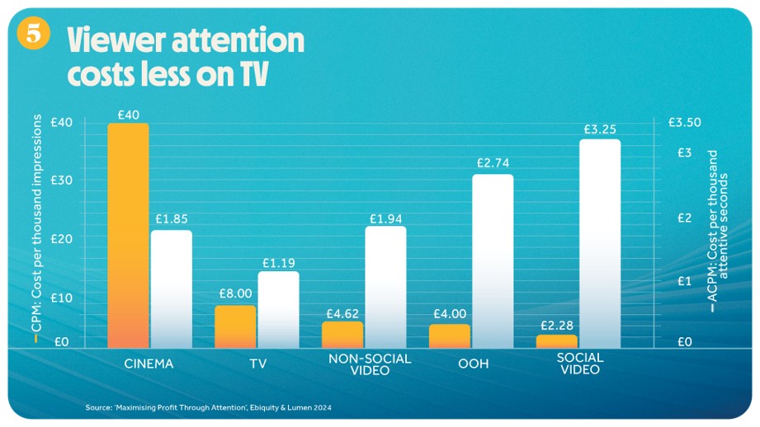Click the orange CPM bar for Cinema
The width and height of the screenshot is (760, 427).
tap(128, 235)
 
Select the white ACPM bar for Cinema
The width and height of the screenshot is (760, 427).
tap(171, 289)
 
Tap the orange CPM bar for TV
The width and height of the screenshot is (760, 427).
tap(235, 326)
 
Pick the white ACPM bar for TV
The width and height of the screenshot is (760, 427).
tap(278, 309)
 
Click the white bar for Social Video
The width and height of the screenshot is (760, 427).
tap(600, 243)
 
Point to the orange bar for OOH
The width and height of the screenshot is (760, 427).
tap(450, 335)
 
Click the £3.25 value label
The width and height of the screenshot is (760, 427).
tap(600, 129)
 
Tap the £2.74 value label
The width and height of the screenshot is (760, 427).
tap(493, 163)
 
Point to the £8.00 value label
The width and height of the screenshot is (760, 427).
tap(235, 293)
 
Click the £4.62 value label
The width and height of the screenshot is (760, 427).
tap(342, 313)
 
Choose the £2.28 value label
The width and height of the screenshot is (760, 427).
tap(557, 323)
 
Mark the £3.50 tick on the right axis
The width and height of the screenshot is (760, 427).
tap(683, 123)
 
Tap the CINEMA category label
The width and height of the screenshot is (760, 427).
tap(149, 363)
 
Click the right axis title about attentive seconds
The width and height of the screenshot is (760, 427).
tap(719, 231)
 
